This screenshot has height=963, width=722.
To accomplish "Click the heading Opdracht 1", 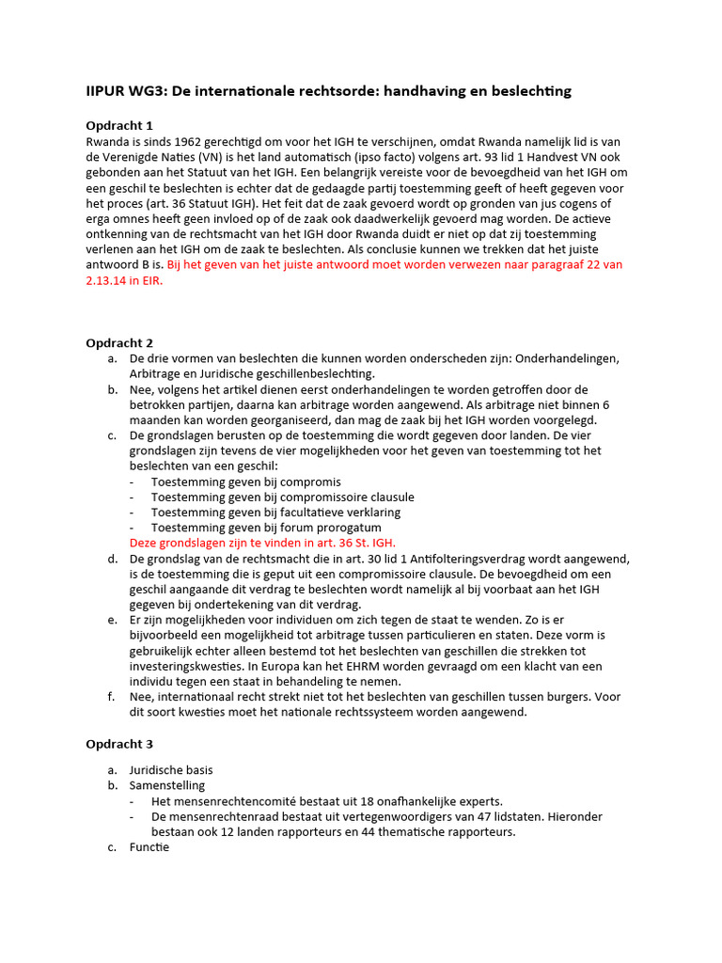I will click(119, 125).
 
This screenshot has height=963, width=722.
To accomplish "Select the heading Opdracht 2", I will click(119, 343).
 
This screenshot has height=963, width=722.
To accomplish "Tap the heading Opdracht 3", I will click(119, 744).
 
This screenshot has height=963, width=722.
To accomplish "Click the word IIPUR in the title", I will click(105, 91).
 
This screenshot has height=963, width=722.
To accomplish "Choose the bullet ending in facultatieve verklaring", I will click(275, 513).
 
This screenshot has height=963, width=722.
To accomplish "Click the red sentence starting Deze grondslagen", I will click(262, 543).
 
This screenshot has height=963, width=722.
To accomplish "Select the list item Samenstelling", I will click(166, 785).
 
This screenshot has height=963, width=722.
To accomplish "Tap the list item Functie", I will click(149, 847).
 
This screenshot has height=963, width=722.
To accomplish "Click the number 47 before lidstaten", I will click(511, 816).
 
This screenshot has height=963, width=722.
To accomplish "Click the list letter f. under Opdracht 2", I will click(112, 697).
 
